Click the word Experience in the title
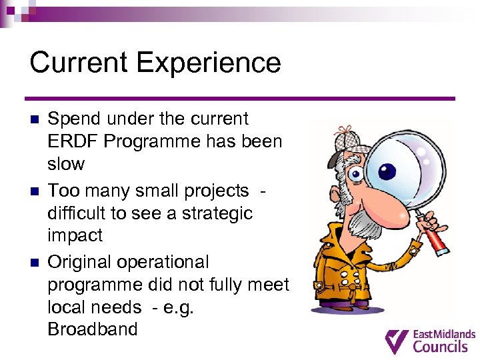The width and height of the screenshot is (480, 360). pyautogui.click(x=209, y=64)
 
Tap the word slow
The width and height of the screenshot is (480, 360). pyautogui.click(x=66, y=164)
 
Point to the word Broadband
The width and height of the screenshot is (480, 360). pyautogui.click(x=93, y=329)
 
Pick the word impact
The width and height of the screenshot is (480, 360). pyautogui.click(x=75, y=236)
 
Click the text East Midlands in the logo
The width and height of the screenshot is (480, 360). pyautogui.click(x=445, y=334)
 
